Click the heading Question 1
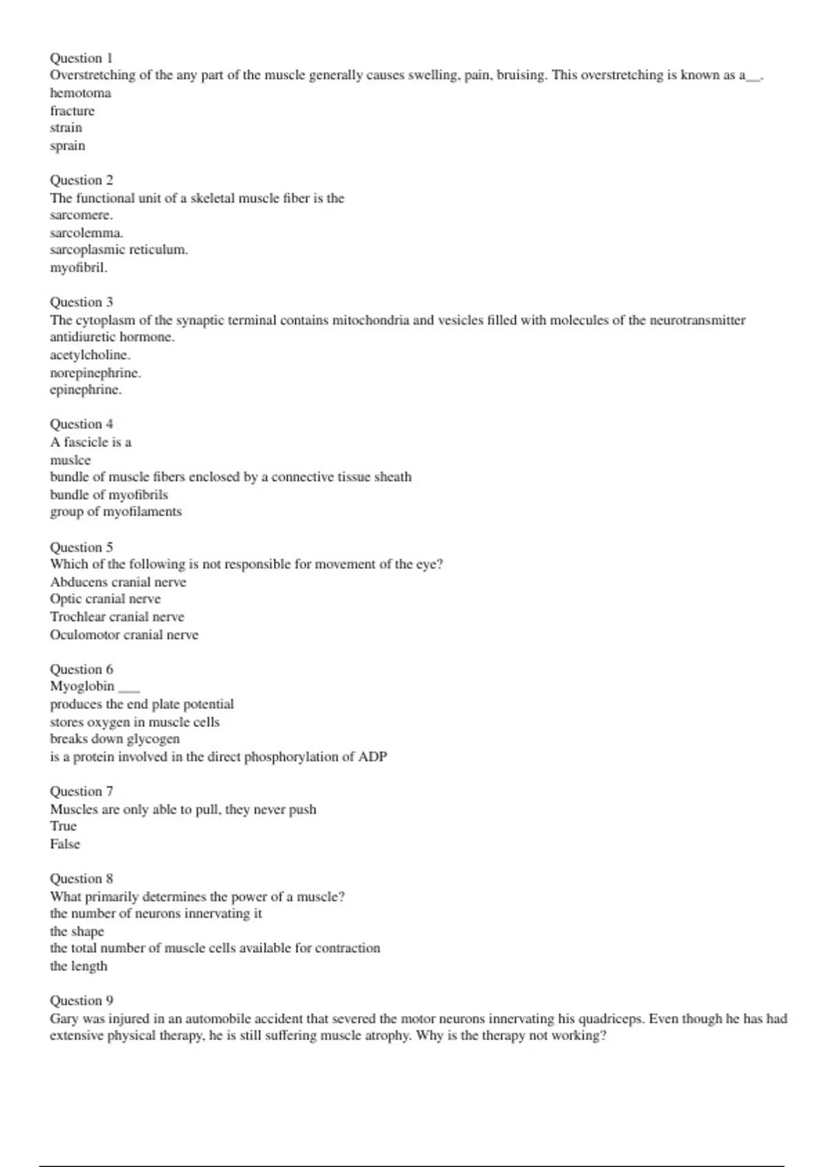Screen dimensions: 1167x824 (x=81, y=58)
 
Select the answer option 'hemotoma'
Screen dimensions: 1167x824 (x=80, y=93)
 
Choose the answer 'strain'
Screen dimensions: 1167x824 (x=66, y=128)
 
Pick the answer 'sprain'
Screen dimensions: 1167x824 (x=67, y=146)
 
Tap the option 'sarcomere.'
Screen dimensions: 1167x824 (x=81, y=215)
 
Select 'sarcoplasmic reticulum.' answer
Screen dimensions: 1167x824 (x=119, y=250)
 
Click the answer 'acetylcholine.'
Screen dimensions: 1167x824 (x=90, y=355)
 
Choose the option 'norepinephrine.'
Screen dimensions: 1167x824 (x=95, y=373)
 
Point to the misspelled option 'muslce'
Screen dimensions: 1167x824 (x=70, y=460)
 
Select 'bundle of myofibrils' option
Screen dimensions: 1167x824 (x=108, y=494)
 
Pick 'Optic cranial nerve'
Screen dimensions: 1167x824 (x=105, y=599)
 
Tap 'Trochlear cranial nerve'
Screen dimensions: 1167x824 (x=117, y=616)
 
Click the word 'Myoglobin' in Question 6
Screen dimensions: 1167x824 (x=82, y=686)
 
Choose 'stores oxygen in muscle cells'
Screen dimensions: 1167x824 (x=135, y=721)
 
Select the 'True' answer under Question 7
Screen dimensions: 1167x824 (x=63, y=826)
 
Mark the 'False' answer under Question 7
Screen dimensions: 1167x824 (x=65, y=844)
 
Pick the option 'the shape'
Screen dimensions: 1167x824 (x=77, y=931)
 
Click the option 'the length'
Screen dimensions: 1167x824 (x=78, y=966)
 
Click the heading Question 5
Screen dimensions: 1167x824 (x=81, y=546)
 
